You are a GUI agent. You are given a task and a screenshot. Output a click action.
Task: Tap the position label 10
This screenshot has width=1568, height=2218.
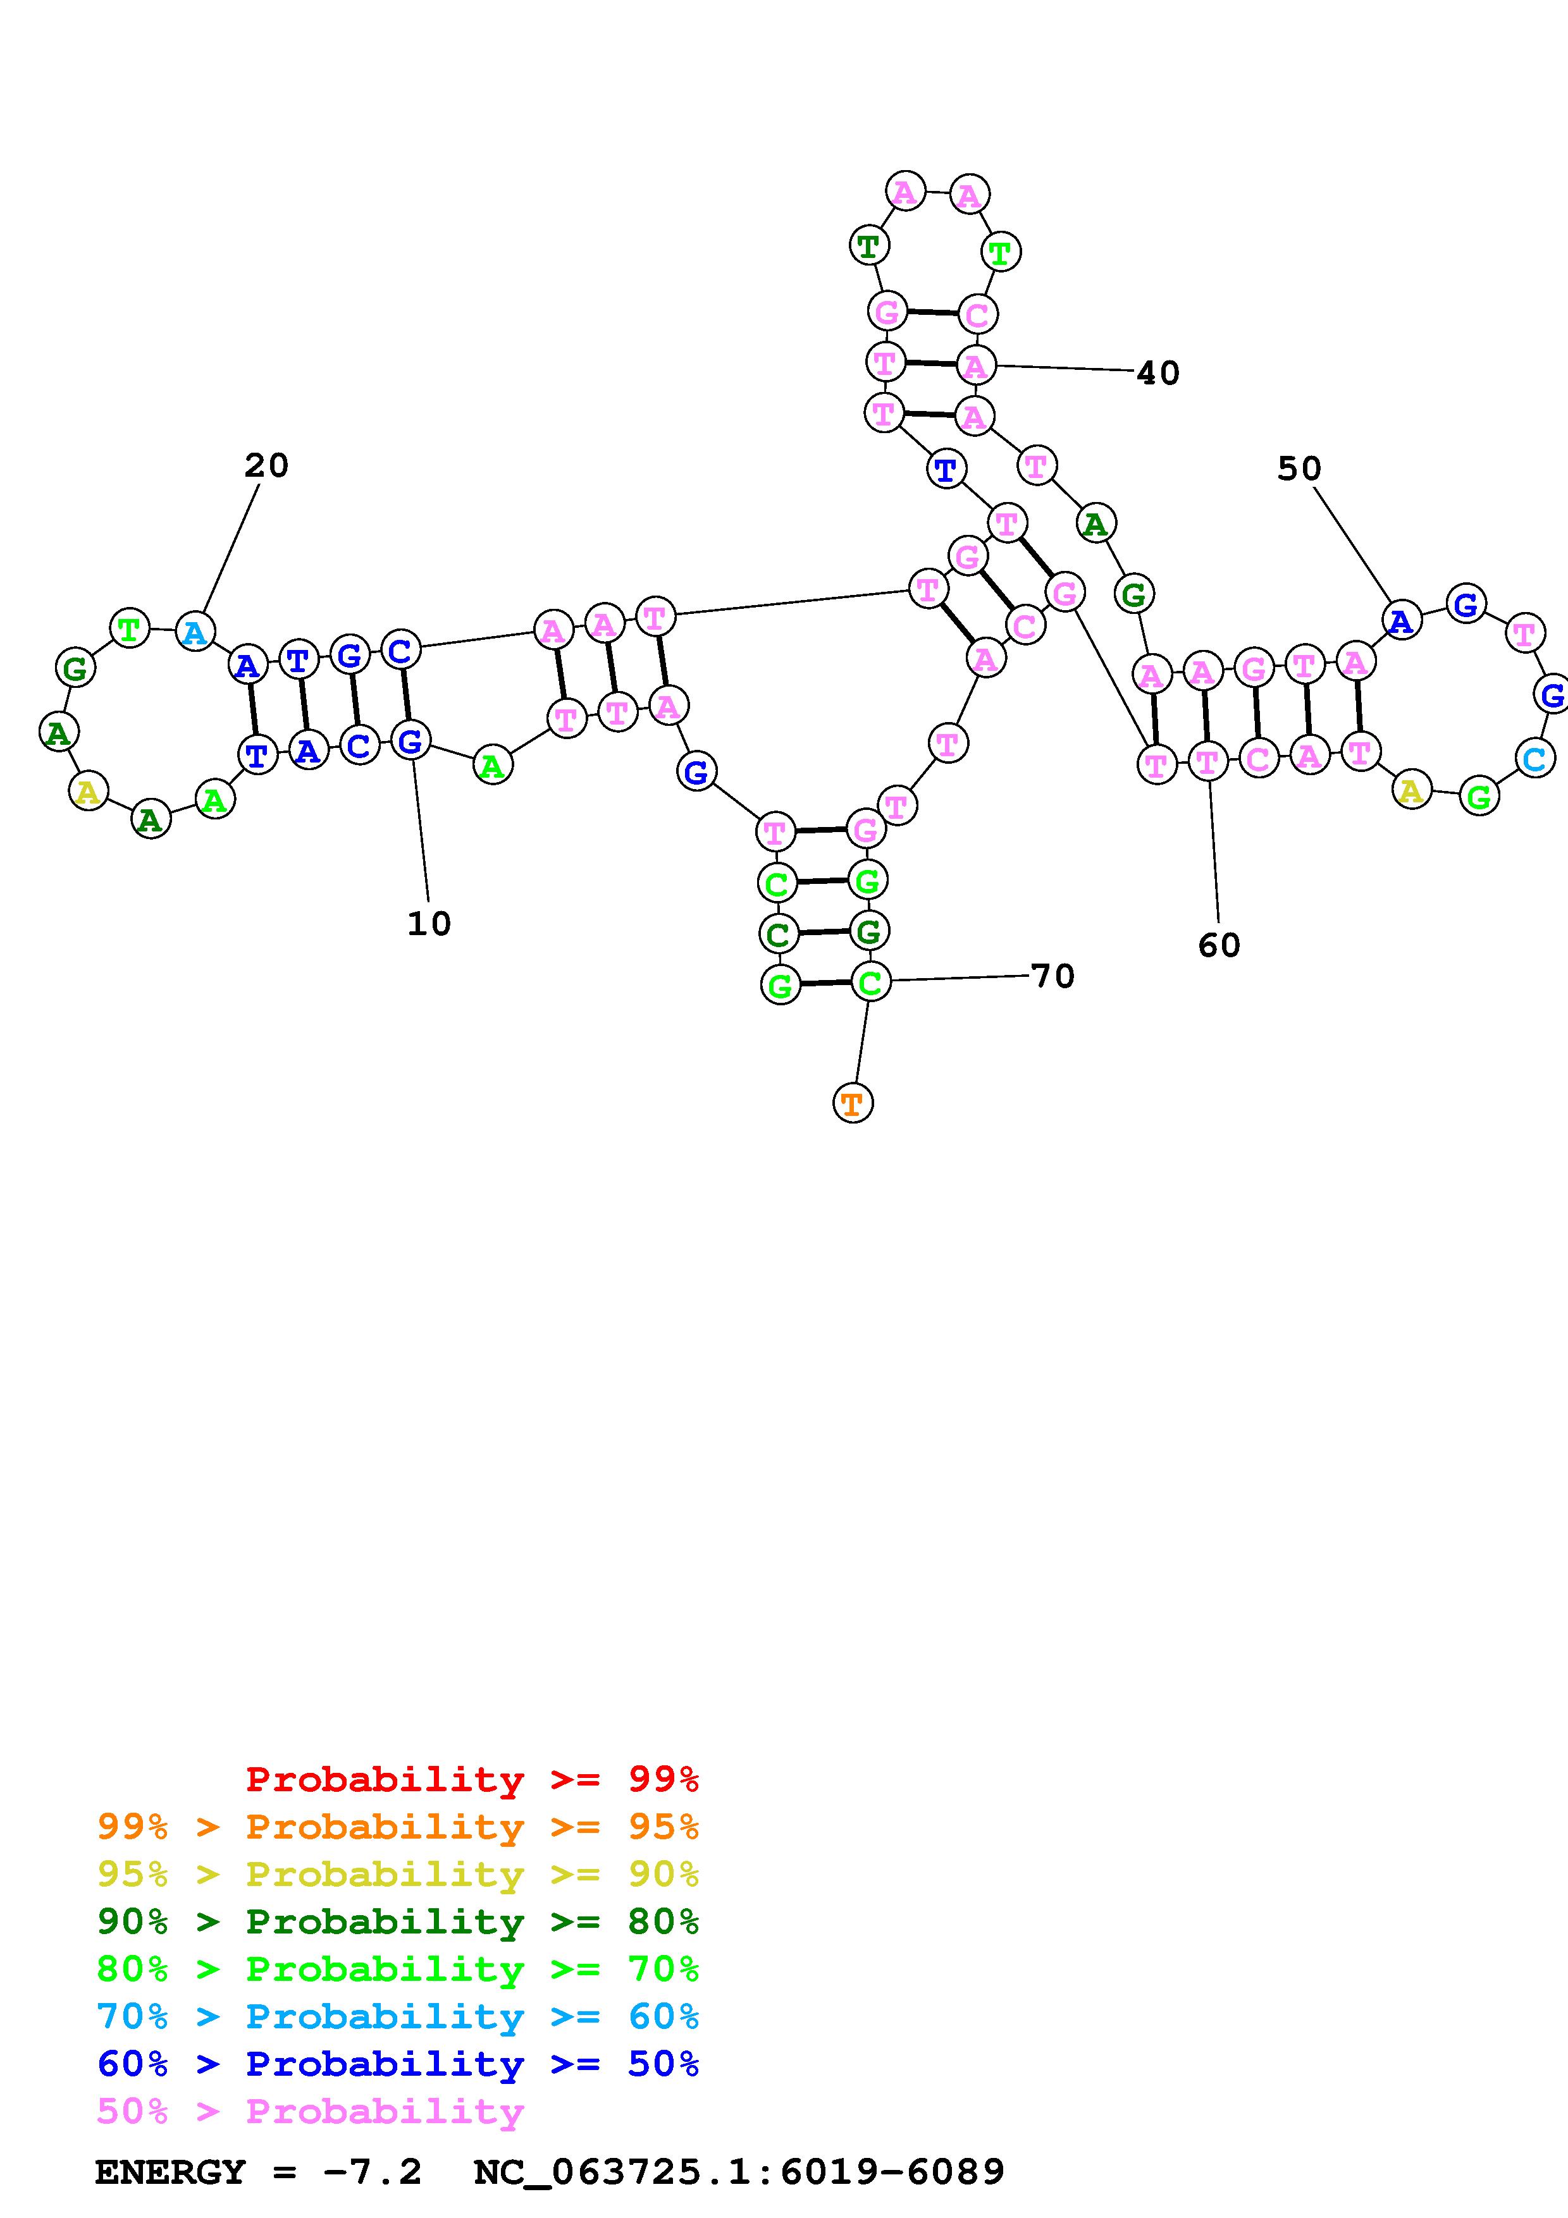[x=429, y=924]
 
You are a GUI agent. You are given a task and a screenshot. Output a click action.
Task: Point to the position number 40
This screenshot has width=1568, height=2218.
[x=1157, y=373]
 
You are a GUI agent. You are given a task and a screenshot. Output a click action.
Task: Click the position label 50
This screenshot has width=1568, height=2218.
[x=1299, y=469]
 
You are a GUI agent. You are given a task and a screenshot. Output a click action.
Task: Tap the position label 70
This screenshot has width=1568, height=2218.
[x=1053, y=977]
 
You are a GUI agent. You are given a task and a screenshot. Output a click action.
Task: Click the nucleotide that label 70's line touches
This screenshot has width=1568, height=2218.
[x=870, y=983]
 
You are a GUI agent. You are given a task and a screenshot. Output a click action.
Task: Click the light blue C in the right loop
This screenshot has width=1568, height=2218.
[x=1534, y=758]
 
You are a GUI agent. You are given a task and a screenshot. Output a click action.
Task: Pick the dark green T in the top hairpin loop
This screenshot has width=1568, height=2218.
[x=868, y=245]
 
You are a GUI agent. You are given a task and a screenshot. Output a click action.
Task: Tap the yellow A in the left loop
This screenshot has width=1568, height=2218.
[x=88, y=792]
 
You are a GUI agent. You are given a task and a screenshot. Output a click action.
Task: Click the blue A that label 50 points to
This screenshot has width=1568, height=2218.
[x=1401, y=620]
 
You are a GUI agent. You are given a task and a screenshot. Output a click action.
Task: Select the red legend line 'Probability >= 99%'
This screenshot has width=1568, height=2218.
[x=472, y=1779]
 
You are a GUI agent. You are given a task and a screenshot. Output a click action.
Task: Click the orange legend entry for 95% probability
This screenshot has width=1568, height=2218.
[x=398, y=1826]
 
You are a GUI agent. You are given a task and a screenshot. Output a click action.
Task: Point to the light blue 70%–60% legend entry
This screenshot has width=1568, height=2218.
[x=398, y=2016]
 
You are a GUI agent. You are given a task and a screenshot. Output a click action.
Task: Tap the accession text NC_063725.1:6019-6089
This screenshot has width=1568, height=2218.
[x=739, y=2172]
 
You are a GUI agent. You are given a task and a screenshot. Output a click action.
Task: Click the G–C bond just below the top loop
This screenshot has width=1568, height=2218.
[x=931, y=313]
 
